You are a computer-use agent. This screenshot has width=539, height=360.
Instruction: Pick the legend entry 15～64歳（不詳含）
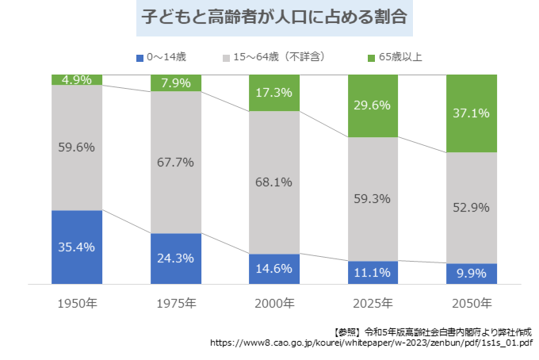[x=273, y=58]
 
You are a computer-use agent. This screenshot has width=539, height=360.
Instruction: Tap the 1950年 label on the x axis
[x=77, y=303]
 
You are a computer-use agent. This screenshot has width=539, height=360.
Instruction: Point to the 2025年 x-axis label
[x=373, y=303]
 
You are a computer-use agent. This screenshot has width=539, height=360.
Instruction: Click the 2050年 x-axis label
[x=471, y=303]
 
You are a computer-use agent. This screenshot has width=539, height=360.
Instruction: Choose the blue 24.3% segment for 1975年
[x=175, y=259]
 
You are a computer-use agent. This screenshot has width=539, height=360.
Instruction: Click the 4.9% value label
[x=77, y=79]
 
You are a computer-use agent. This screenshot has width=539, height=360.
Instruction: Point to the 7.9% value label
[x=175, y=83]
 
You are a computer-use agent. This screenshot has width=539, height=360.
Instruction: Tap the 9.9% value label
[x=471, y=274]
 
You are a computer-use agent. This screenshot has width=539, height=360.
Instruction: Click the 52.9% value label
[x=471, y=208]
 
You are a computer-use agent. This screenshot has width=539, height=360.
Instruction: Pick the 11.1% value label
[x=373, y=273]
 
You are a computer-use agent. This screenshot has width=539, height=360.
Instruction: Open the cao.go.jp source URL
[x=372, y=344]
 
